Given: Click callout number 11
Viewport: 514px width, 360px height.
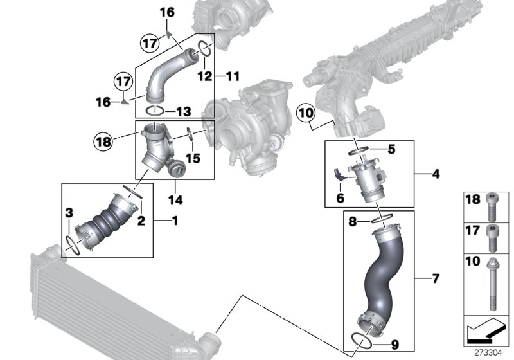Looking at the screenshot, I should [232, 76].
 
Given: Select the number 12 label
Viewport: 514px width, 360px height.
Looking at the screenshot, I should [204, 76].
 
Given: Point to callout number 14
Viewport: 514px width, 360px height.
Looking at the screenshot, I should [175, 201].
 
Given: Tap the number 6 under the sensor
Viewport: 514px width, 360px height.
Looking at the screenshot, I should [339, 199].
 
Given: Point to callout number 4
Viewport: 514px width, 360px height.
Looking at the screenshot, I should [436, 174].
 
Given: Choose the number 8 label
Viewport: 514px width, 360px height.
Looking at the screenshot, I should [352, 222].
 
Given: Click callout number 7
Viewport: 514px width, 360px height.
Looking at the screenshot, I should [436, 278].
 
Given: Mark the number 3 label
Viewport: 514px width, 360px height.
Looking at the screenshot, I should [69, 213].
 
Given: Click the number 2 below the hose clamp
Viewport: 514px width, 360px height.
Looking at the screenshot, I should [141, 221].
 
